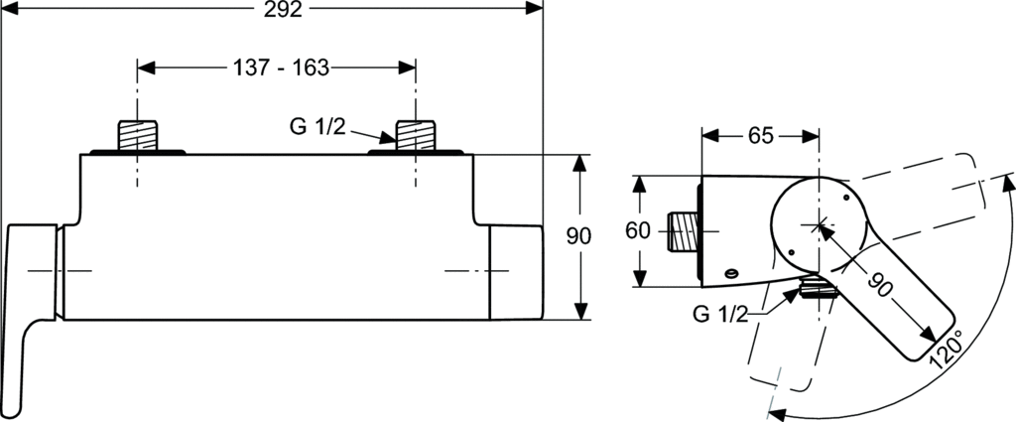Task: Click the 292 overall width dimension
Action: pos(284,9)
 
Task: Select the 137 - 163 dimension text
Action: pos(281,68)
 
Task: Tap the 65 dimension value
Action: pos(761,136)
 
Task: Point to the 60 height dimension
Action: pos(638,230)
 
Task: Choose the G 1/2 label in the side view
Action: pos(720,315)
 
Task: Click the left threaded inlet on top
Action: pos(137,135)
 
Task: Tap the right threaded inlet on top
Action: pos(416,135)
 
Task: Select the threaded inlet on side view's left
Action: pos(683,231)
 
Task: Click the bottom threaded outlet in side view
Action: pos(819,286)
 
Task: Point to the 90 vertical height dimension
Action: pos(578,236)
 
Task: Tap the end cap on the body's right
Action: pos(516,272)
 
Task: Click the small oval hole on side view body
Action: pos(731,273)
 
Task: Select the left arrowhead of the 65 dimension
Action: pos(710,136)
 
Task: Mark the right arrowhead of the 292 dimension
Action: pos(534,8)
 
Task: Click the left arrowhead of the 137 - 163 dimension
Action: pos(147,68)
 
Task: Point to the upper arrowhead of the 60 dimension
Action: pos(640,185)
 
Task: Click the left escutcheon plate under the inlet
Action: pos(137,152)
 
